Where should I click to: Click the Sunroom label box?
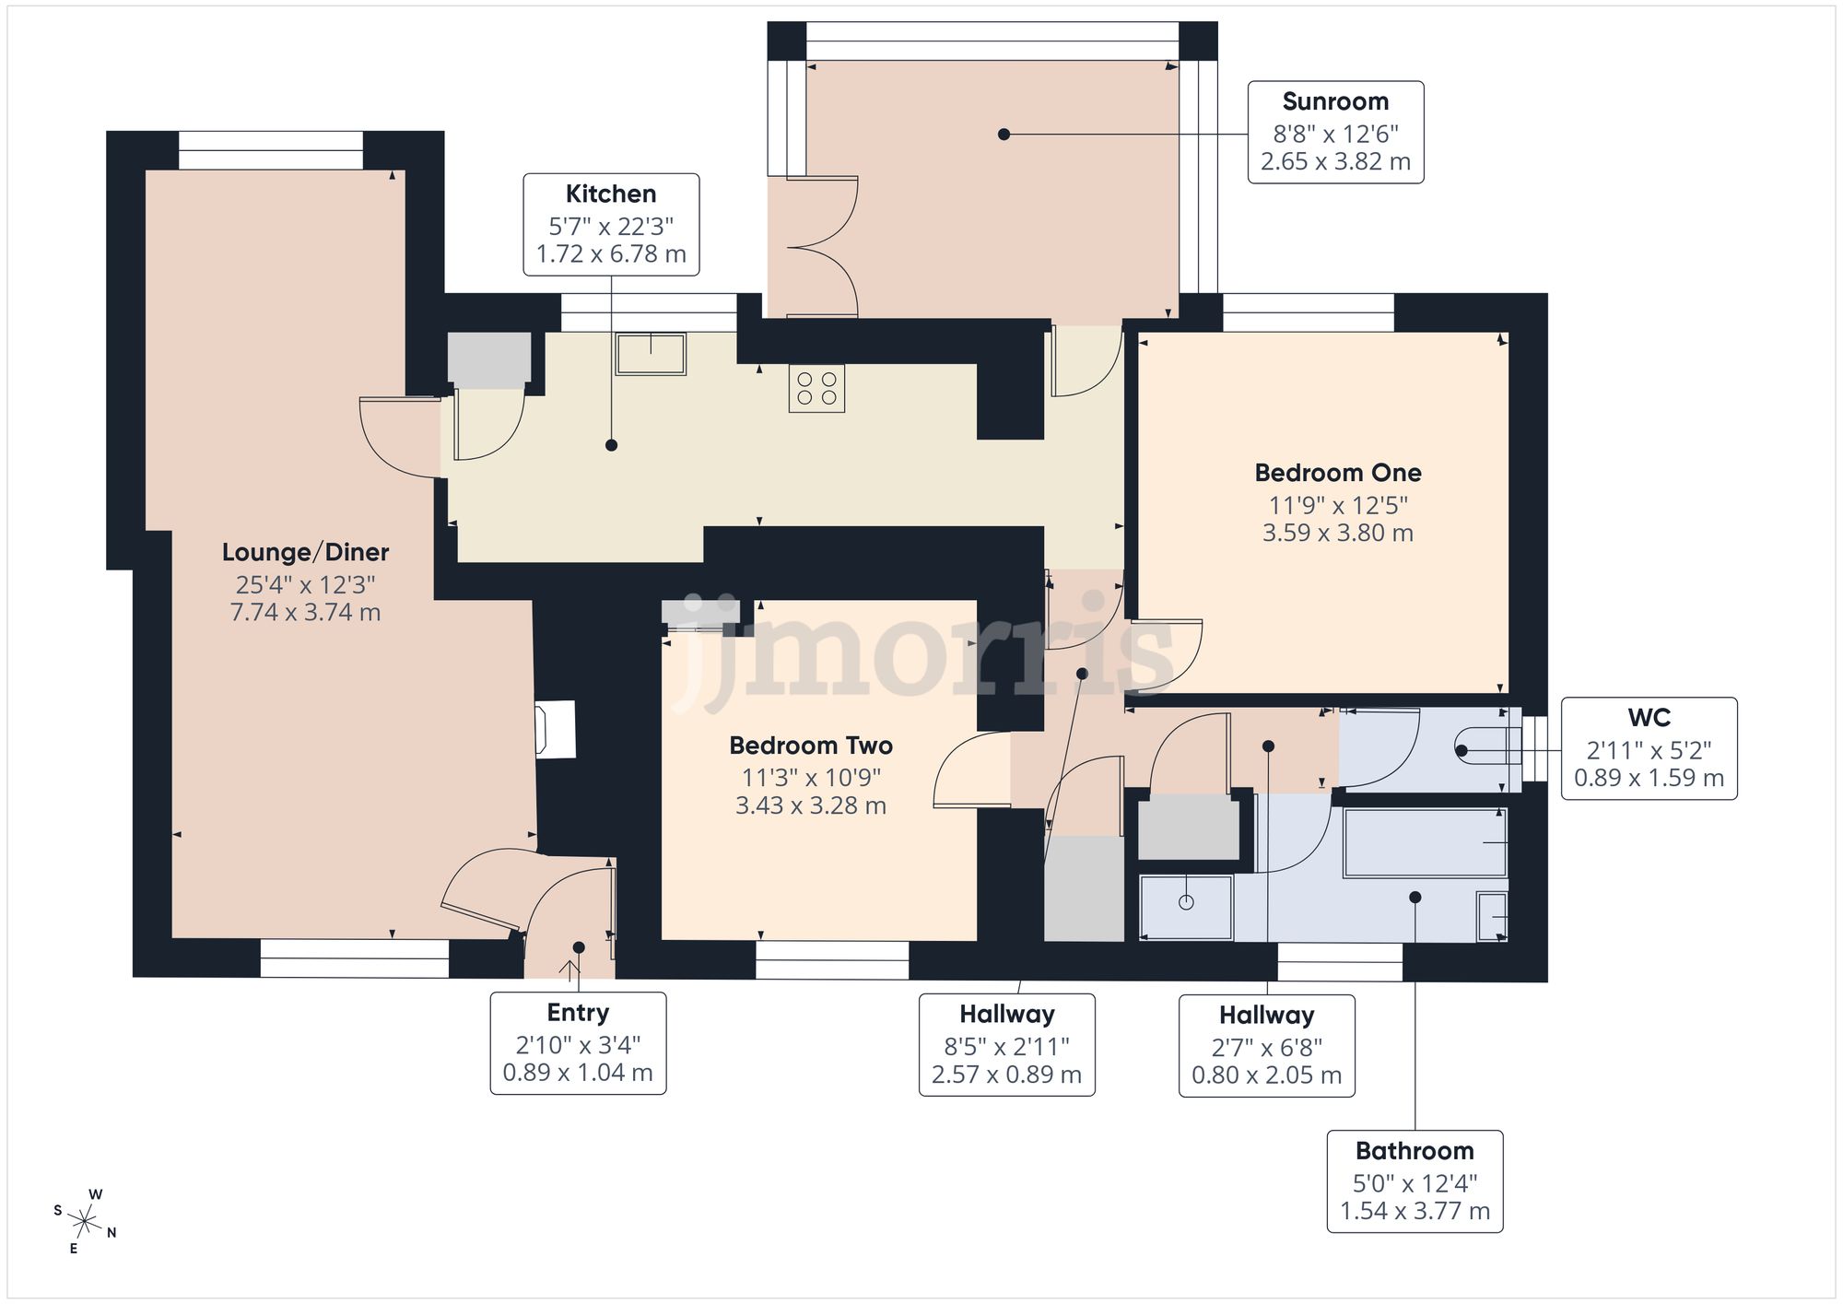coord(1335,132)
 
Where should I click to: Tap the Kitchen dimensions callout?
coord(611,224)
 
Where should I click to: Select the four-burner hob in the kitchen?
coord(816,388)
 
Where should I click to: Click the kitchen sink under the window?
coord(651,354)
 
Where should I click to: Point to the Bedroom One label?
coord(1337,473)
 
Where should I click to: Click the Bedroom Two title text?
coord(810,745)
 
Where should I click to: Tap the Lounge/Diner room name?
coord(305,552)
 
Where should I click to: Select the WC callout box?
coord(1649,747)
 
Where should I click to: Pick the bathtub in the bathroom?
coord(1425,842)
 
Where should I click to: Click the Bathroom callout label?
coord(1415,1181)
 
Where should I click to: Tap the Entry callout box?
coord(578,1042)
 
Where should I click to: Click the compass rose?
coord(85,1223)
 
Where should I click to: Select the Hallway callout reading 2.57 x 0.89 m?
coord(1006,1044)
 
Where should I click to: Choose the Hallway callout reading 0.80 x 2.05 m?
coord(1266,1045)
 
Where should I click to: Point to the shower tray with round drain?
coord(1186,907)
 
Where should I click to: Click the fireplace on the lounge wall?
coord(557,729)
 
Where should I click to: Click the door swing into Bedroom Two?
coord(969,770)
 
